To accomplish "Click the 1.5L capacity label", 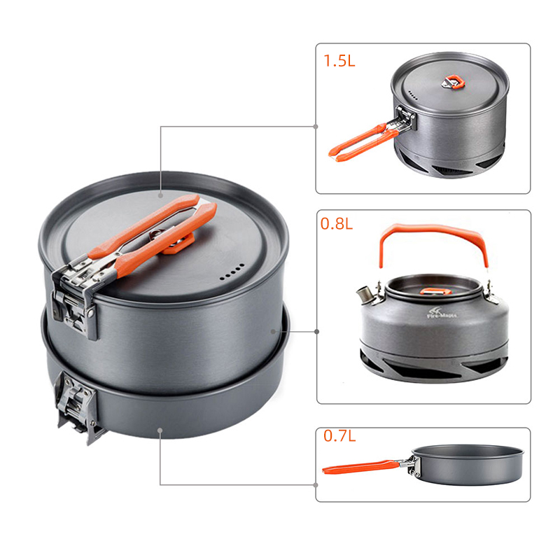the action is point(339,61).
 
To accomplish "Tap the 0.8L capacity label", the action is point(337,223).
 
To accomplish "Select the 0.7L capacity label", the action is point(339,435).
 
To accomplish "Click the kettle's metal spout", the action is point(364,295).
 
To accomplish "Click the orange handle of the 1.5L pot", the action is point(363,143).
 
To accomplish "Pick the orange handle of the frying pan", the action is point(360,467).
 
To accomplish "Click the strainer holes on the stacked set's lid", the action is point(232,272).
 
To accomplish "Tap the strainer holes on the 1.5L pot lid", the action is point(413,95).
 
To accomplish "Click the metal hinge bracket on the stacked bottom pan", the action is point(77,407).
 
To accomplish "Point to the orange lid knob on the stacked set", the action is point(178,244).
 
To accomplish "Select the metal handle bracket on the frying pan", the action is point(413,465).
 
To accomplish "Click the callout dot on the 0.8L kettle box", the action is point(316,332).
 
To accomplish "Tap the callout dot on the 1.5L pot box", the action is point(316,127).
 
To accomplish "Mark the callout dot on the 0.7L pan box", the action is point(316,484).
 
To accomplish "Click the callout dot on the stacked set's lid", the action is point(161,195).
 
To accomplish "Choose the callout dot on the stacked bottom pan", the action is point(160,430).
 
